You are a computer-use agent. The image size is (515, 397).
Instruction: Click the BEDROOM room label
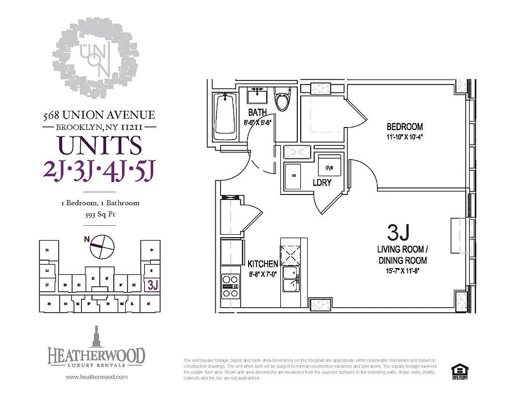tap(405, 127)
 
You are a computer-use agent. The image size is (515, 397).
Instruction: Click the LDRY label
tap(322, 183)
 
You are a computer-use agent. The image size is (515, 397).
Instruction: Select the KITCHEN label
tap(263, 264)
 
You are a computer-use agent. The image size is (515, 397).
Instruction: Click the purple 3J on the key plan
tap(153, 285)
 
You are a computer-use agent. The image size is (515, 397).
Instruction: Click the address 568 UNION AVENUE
tap(99, 115)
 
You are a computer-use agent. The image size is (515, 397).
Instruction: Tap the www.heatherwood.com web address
tap(96, 377)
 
